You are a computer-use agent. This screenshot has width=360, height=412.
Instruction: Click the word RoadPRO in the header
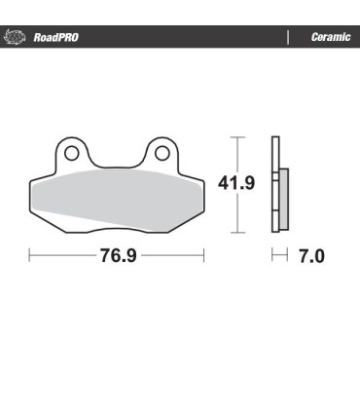tap(55, 38)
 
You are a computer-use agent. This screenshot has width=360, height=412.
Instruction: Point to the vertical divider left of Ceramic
tap(288, 38)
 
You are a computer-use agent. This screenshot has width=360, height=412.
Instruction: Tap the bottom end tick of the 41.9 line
tap(236, 234)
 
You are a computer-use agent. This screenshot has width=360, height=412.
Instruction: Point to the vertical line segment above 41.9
tap(236, 152)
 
